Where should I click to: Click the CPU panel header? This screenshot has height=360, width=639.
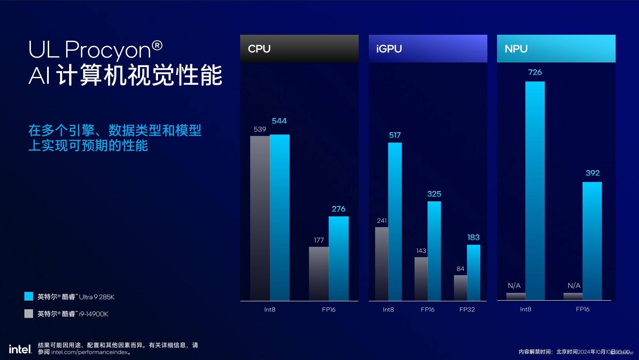tap(299, 48)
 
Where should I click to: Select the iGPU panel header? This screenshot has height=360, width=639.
tap(428, 48)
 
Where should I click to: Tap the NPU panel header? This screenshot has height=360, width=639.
tap(556, 48)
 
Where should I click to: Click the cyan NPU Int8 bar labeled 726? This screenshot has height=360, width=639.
tap(535, 190)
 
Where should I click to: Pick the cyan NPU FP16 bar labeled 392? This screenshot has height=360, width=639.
tap(592, 240)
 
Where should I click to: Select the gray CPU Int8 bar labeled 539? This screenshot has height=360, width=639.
tap(260, 217)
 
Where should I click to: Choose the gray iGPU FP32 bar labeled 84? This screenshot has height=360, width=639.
tap(460, 287)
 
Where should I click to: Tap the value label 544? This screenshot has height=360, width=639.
tap(279, 121)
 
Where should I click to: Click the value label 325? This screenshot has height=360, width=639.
tap(434, 194)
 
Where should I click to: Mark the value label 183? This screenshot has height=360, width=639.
tap(473, 237)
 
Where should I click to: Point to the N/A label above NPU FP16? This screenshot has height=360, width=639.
tap(574, 286)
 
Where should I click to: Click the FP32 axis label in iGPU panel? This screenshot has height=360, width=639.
tap(467, 310)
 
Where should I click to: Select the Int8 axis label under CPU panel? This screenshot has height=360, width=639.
tap(270, 310)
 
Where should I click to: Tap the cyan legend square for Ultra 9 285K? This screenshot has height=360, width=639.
tap(29, 296)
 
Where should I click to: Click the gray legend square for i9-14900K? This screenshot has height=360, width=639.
tap(29, 314)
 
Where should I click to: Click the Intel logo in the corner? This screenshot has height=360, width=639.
tap(20, 349)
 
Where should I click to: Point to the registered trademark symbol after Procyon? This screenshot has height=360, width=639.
tap(157, 45)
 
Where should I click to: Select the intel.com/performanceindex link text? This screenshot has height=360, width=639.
tap(89, 352)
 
